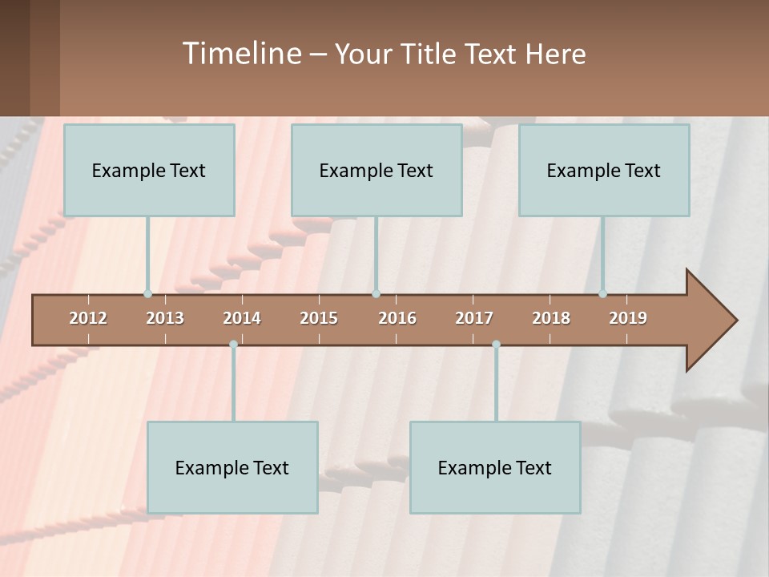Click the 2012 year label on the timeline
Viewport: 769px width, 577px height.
pyautogui.click(x=88, y=318)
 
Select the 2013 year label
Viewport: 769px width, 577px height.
pyautogui.click(x=165, y=318)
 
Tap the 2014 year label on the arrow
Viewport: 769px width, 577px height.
pyautogui.click(x=242, y=318)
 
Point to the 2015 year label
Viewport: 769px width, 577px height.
pyautogui.click(x=319, y=318)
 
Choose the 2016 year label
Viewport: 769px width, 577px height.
pyautogui.click(x=397, y=318)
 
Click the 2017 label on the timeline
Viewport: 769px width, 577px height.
pyautogui.click(x=474, y=318)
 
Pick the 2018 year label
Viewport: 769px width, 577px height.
pyautogui.click(x=551, y=318)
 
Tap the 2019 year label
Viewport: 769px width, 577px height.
pyautogui.click(x=628, y=318)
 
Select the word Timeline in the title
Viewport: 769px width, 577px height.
pyautogui.click(x=241, y=54)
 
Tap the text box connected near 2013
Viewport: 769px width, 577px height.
pyautogui.click(x=149, y=170)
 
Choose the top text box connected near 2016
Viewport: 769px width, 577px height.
pyautogui.click(x=376, y=170)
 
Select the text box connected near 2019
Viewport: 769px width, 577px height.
pyautogui.click(x=604, y=170)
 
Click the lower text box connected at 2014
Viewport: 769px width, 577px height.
pyautogui.click(x=232, y=467)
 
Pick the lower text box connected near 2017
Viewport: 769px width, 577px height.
pyautogui.click(x=495, y=467)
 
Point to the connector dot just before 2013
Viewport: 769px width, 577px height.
pyautogui.click(x=147, y=294)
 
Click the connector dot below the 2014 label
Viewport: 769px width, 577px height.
pyautogui.click(x=233, y=345)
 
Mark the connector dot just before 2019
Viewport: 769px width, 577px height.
pyautogui.click(x=602, y=294)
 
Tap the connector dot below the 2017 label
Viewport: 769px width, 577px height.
pyautogui.click(x=496, y=345)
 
